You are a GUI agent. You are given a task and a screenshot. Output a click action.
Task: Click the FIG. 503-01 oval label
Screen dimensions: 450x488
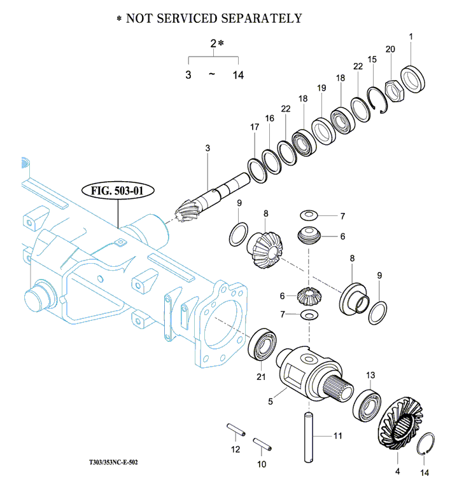(118, 191)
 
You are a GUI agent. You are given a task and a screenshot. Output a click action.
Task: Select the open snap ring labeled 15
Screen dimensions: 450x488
(377, 100)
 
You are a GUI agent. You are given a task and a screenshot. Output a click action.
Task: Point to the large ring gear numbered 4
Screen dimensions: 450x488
(400, 423)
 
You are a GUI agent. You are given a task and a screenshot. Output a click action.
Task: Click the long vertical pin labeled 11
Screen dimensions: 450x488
(309, 437)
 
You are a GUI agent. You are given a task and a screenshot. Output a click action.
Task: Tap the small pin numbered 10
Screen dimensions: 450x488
(262, 444)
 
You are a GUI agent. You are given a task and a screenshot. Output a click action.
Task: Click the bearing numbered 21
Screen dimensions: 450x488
(262, 344)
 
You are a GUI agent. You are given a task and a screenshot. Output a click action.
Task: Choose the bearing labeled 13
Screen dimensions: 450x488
(367, 405)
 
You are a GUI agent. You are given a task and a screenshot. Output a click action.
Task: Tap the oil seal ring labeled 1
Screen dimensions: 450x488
(412, 79)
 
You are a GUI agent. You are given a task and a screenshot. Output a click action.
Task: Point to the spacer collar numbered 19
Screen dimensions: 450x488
(324, 131)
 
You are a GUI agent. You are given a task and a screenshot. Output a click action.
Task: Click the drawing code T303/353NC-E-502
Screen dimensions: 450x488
(113, 462)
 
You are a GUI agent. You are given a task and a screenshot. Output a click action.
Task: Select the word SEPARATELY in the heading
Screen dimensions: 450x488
(262, 18)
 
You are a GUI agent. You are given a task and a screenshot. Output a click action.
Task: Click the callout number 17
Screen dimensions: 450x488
(255, 127)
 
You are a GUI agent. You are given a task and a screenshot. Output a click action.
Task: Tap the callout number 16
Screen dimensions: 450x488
(269, 118)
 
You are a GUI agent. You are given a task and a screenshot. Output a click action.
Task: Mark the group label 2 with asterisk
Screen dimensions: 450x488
(217, 43)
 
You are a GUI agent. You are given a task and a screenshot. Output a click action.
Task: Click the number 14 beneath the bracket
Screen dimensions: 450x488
(238, 75)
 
